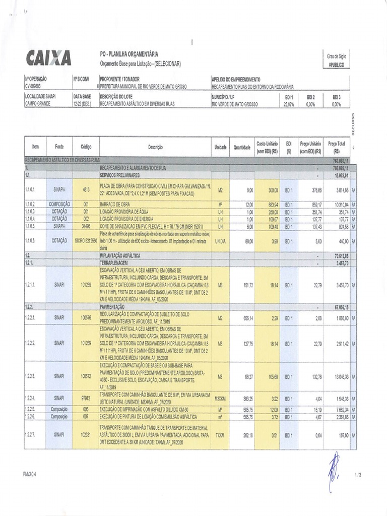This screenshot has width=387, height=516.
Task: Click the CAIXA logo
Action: [x=48, y=57]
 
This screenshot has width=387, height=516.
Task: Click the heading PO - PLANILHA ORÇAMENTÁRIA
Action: [x=129, y=54]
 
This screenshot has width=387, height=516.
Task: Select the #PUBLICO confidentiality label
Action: [x=337, y=65]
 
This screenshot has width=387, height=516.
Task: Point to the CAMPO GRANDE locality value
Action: [x=38, y=104]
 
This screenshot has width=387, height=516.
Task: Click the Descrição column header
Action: [x=155, y=147]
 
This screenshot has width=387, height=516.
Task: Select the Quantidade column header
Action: [x=242, y=147]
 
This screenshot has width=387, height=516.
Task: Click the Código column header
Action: [x=86, y=147]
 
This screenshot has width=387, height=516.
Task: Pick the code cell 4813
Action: [x=86, y=189]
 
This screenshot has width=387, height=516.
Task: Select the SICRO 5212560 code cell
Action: [x=86, y=241]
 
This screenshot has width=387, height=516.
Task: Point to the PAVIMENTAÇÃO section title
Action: [x=112, y=306]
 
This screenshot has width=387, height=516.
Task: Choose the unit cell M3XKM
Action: [x=220, y=399]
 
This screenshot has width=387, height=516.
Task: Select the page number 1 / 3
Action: [x=358, y=475]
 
